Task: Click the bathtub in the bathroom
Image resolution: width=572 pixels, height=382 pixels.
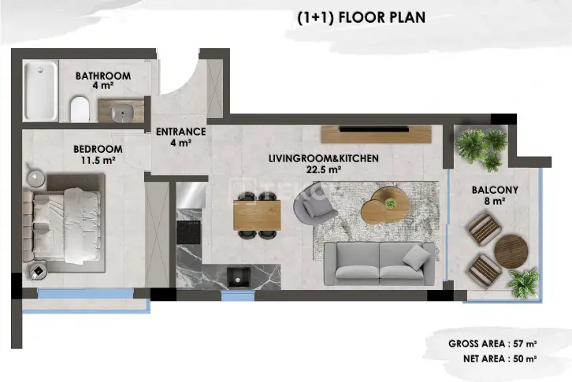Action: (x=40, y=91)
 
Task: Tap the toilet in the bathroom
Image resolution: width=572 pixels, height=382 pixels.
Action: (x=80, y=109)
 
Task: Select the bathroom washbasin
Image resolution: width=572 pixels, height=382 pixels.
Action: (x=122, y=112)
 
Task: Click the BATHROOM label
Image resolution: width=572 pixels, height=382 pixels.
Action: (x=103, y=76)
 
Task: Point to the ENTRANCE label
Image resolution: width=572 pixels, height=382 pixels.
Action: (x=181, y=132)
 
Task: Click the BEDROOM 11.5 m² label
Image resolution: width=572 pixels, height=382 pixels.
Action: (x=98, y=154)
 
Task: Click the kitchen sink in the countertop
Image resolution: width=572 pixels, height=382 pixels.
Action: (x=239, y=277)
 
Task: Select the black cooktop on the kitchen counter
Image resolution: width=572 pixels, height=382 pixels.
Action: (x=188, y=232)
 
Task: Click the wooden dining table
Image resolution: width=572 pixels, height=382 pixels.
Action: (x=257, y=215)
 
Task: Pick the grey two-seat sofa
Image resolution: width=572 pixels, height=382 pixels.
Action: (x=380, y=264)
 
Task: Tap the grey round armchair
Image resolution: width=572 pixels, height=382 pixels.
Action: (x=314, y=204)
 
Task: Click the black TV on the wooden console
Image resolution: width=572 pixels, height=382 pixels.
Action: (x=374, y=129)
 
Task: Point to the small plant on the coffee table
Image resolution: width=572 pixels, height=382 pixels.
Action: (x=391, y=203)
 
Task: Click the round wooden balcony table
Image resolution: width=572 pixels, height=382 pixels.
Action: (x=511, y=251)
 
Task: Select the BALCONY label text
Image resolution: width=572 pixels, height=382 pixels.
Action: (x=495, y=190)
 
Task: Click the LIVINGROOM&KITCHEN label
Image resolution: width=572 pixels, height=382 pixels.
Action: (x=324, y=158)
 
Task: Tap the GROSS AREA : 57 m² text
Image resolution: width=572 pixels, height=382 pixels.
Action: (x=492, y=343)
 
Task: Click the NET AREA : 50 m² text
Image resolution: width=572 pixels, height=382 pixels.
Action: (x=500, y=358)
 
